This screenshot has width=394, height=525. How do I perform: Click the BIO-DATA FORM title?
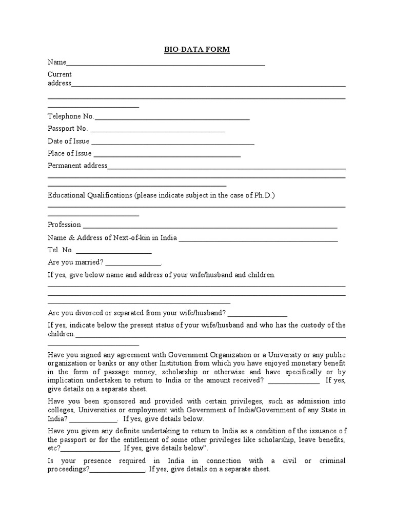tap(197, 49)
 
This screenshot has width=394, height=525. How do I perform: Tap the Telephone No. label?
tap(71, 117)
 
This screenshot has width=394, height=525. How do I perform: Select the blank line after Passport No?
tap(157, 130)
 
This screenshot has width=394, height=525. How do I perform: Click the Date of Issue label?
tap(68, 142)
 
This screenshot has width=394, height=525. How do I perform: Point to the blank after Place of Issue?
tap(167, 154)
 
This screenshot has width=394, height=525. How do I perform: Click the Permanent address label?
tap(77, 166)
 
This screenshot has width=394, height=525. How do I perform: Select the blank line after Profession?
tap(210, 226)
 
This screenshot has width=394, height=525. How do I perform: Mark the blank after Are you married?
tap(133, 264)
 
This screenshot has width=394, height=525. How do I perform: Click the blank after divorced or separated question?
tap(258, 314)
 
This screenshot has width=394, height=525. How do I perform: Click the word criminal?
tap(332, 461)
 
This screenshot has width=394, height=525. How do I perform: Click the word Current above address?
tap(60, 74)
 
